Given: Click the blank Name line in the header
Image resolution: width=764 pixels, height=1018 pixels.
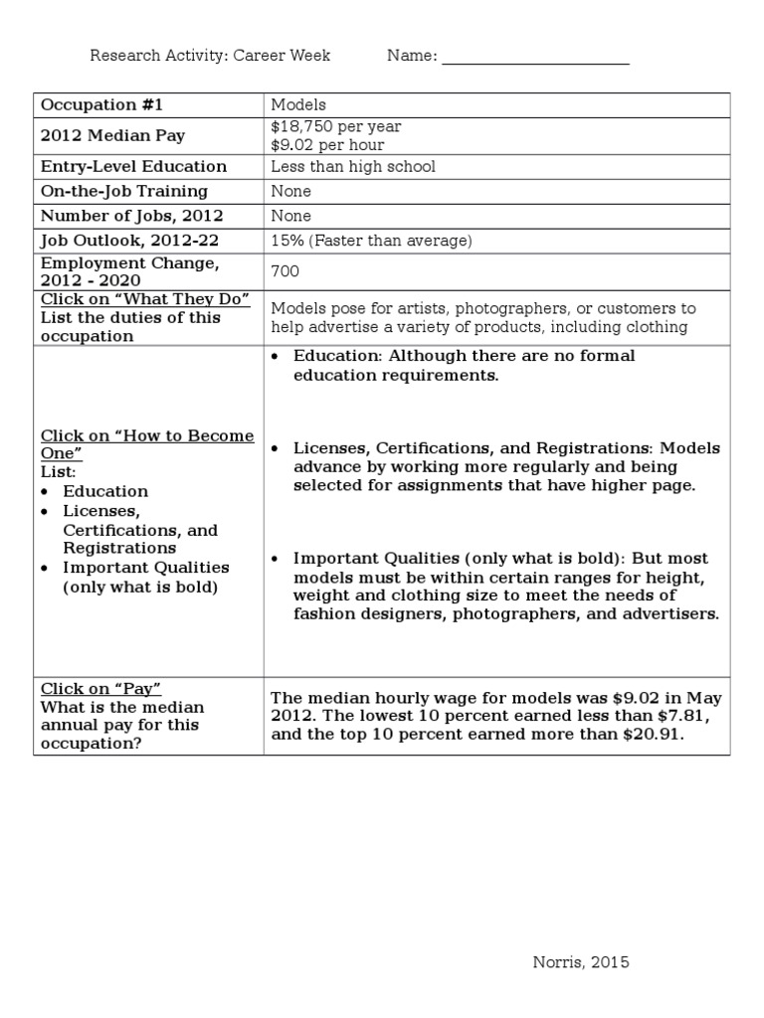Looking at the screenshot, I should (535, 58).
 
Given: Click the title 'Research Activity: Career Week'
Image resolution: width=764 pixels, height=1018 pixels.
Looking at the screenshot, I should (210, 56).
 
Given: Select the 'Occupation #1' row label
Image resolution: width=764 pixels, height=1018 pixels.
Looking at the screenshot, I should (88, 104).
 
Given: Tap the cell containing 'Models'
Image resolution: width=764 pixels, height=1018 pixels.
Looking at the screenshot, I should (297, 104).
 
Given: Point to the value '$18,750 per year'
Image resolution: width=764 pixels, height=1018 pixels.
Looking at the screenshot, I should (335, 126).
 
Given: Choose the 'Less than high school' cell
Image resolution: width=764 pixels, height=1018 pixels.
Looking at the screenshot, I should (352, 167).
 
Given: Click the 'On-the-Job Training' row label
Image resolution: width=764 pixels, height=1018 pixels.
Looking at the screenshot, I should (123, 191).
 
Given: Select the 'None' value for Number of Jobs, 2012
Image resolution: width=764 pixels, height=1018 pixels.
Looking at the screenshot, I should (290, 216).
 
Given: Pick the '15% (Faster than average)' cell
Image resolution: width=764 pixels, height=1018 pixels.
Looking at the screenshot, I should (370, 241).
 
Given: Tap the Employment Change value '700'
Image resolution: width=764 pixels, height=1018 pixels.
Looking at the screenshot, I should (285, 270).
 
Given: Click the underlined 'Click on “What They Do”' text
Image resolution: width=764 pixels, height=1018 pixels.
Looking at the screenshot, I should (144, 299).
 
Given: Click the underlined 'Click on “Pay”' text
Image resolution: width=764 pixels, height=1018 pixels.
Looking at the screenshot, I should (100, 689).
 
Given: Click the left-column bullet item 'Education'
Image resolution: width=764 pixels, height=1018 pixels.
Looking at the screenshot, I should (105, 491).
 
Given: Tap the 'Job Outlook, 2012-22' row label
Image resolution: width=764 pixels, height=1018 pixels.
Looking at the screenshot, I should (117, 241).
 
